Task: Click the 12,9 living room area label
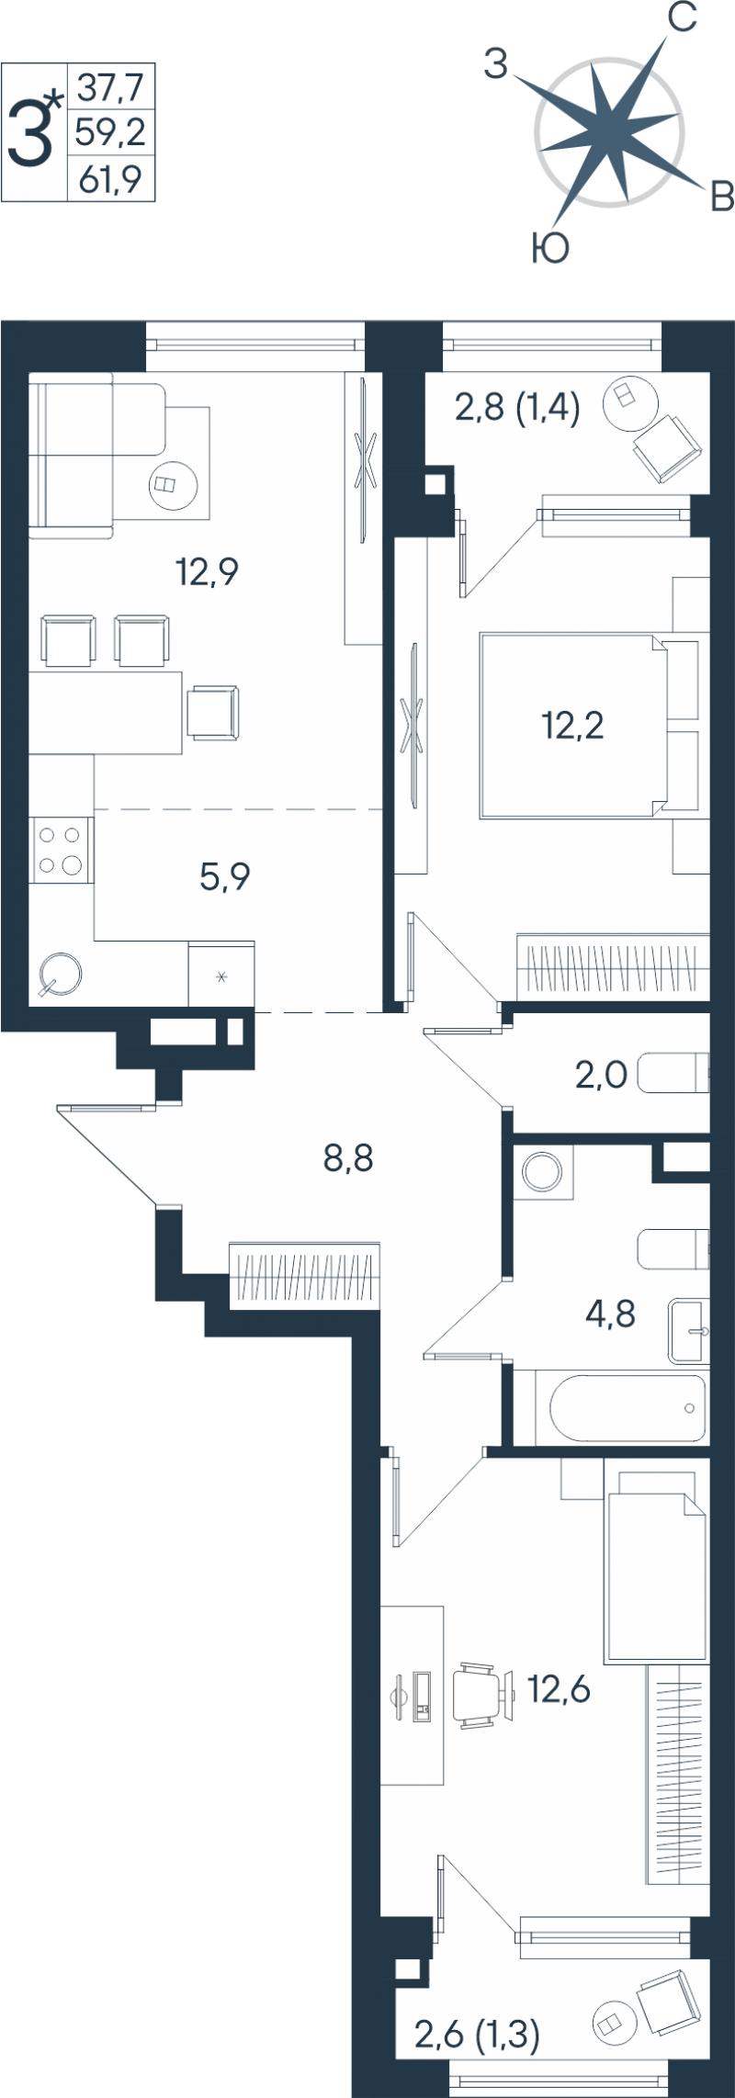click(208, 572)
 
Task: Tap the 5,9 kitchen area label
click(225, 876)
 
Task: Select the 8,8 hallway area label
click(348, 1158)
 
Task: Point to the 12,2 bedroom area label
click(572, 726)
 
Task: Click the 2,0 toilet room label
click(601, 1074)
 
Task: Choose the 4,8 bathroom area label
click(610, 1314)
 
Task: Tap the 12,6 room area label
click(558, 1688)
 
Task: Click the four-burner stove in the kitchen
click(61, 850)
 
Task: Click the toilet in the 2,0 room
click(673, 1073)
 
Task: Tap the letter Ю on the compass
click(550, 248)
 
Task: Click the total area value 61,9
click(110, 179)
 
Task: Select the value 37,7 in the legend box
click(111, 87)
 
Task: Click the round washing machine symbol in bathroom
click(542, 1172)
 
